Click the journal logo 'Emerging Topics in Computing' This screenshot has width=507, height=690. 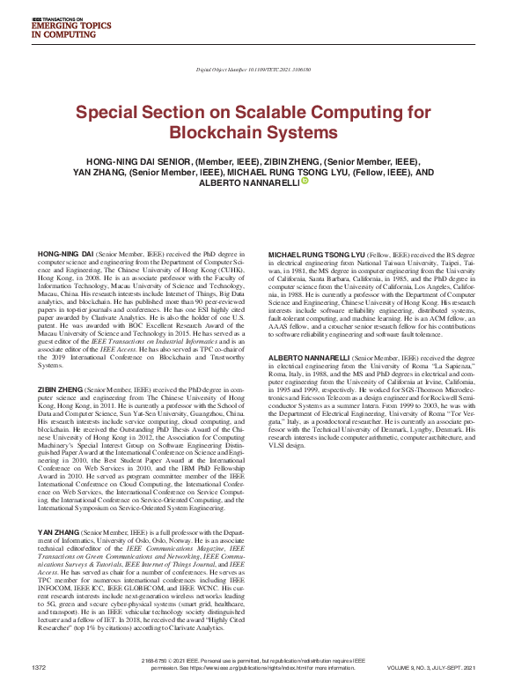(x=66, y=28)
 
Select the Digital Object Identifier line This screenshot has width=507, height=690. (x=253, y=68)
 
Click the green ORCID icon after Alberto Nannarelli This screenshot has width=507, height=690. (x=304, y=182)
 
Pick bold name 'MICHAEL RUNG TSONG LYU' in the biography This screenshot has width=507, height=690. (x=316, y=254)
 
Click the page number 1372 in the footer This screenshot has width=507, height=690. (x=38, y=668)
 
